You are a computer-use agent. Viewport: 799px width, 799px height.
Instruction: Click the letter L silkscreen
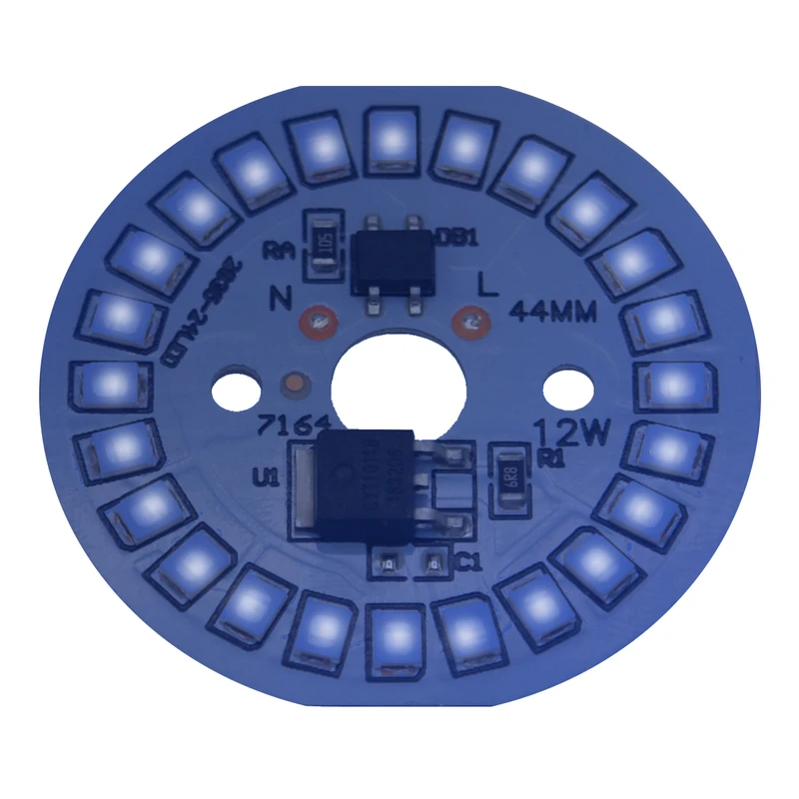[x=489, y=287]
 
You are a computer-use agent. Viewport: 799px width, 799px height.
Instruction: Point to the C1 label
[x=467, y=564]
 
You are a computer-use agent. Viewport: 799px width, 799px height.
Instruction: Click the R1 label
[x=550, y=458]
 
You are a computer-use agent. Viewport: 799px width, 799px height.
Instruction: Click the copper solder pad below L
[x=468, y=323]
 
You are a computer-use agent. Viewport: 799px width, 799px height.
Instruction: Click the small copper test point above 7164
[x=295, y=384]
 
